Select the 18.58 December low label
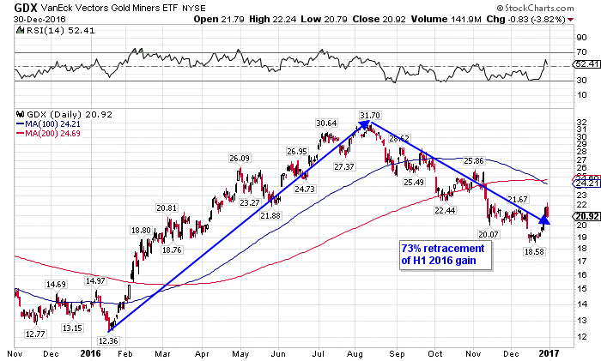[x=533, y=251]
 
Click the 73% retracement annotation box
[x=443, y=255]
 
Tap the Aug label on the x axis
[x=352, y=352]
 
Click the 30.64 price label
[x=326, y=123]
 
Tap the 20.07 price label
[x=489, y=234]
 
